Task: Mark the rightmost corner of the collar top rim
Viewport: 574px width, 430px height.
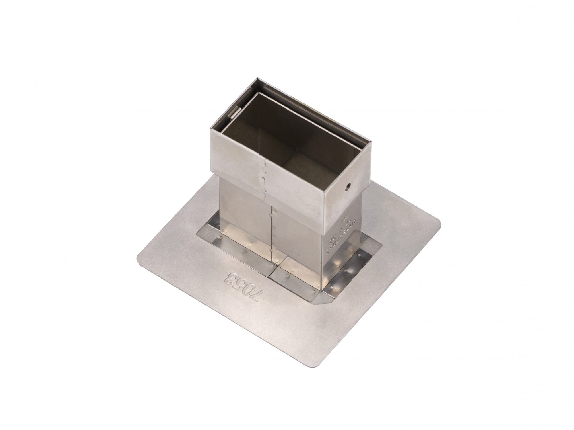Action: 371,141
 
